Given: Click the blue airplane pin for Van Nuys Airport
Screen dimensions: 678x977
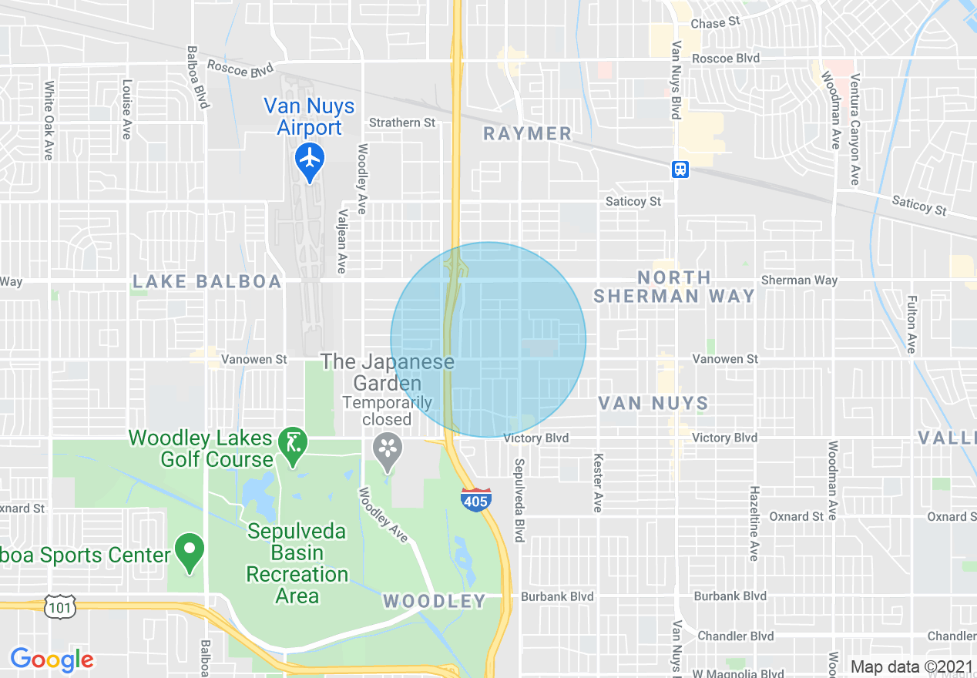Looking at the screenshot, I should click(x=310, y=159).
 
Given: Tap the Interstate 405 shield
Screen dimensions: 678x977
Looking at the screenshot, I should click(x=476, y=500).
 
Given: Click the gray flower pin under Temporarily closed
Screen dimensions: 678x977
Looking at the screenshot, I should click(x=387, y=448).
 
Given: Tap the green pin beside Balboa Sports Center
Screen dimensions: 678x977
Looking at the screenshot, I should click(x=190, y=552).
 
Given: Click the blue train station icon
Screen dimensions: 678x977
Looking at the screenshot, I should click(x=680, y=169).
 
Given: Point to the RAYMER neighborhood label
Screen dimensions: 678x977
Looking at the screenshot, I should click(x=528, y=134).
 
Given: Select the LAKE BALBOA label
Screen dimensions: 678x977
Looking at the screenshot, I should click(x=207, y=282).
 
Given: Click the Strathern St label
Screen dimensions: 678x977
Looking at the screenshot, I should click(x=402, y=123).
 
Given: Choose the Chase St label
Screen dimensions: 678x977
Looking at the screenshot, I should click(x=708, y=24).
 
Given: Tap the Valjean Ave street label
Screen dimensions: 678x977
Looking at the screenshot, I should click(x=341, y=240).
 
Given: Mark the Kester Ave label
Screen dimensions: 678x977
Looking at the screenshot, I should click(x=597, y=482).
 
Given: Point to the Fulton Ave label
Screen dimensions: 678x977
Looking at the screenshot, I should click(x=912, y=324).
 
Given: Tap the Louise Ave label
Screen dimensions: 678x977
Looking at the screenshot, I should click(x=126, y=109).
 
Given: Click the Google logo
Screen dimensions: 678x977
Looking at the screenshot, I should click(x=52, y=660).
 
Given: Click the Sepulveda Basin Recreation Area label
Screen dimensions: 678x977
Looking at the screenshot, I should click(x=297, y=564).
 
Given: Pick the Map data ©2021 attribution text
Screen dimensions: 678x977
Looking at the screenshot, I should click(x=912, y=667).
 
